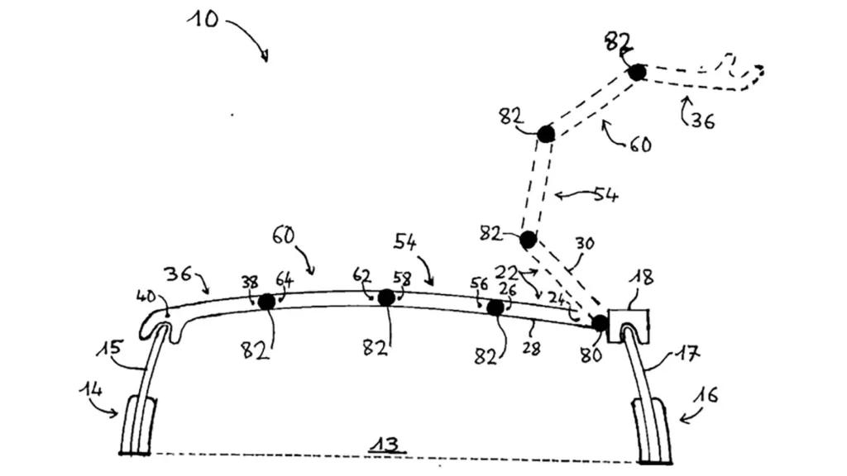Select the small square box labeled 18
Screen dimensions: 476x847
(628, 326)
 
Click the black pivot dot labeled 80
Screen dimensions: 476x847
(601, 323)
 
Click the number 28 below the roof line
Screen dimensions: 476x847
(532, 349)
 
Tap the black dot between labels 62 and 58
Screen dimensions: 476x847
(386, 297)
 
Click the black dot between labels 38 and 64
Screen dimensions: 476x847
(266, 302)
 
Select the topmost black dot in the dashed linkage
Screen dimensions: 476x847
(636, 73)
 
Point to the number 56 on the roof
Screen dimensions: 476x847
(480, 283)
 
